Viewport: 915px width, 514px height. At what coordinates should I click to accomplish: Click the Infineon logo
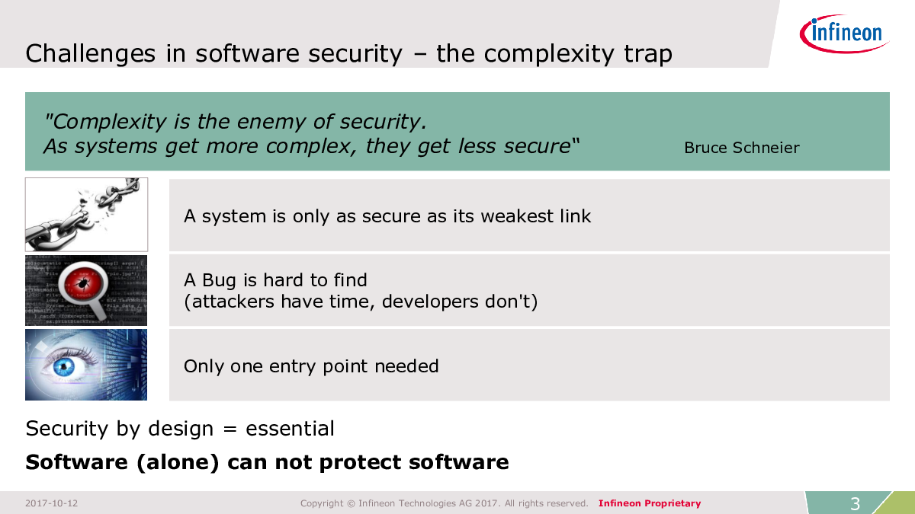(x=844, y=34)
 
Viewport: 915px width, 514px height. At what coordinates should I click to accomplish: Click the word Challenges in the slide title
(x=90, y=54)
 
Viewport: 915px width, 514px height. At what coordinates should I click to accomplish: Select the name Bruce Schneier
(x=742, y=148)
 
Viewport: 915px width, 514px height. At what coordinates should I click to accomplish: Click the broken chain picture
(x=87, y=215)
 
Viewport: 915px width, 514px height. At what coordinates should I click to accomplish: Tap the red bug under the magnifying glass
(x=83, y=282)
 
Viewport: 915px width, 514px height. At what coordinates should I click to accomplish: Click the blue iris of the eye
(x=64, y=367)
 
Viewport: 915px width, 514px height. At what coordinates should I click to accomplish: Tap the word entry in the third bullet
(x=293, y=366)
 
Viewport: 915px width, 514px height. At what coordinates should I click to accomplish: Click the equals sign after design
(x=230, y=429)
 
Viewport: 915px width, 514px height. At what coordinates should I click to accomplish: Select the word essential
(x=290, y=429)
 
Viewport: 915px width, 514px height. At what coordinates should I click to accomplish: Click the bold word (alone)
(x=178, y=462)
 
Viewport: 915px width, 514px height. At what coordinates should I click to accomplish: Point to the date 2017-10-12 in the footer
(x=52, y=503)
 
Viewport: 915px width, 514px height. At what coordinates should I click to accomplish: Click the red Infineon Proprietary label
(x=650, y=503)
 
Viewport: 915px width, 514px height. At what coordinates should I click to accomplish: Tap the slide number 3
(x=855, y=504)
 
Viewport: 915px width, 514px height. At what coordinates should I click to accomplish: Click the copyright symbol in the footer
(x=351, y=503)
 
